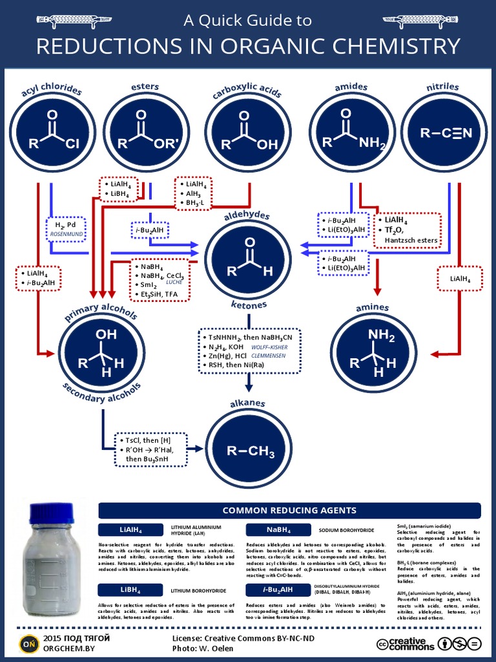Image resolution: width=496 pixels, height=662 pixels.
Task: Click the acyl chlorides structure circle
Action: pyautogui.click(x=52, y=133)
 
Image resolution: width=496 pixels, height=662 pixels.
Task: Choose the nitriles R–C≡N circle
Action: pyautogui.click(x=446, y=133)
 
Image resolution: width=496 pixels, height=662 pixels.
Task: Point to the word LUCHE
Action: pyautogui.click(x=174, y=283)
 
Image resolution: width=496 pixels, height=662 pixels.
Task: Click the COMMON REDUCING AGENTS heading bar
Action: pyautogui.click(x=289, y=510)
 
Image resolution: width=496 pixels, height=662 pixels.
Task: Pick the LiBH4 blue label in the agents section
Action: pyautogui.click(x=130, y=590)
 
